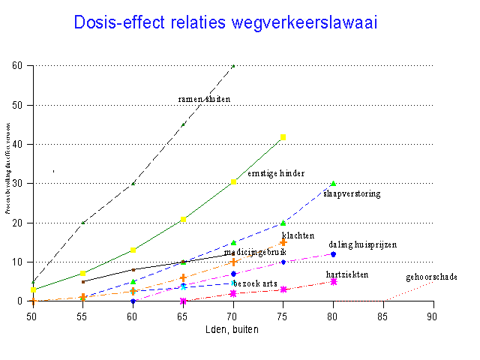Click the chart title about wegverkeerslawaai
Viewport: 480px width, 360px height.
coord(225,22)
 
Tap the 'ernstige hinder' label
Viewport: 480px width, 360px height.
coord(276,173)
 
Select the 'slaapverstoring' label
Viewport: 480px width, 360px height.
coord(352,193)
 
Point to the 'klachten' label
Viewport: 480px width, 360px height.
coord(298,235)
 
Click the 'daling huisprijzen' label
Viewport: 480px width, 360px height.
coord(362,244)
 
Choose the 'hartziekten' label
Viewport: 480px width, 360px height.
coord(347,275)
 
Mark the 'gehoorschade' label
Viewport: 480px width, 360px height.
coord(431,277)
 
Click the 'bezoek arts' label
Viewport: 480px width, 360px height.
coord(256,283)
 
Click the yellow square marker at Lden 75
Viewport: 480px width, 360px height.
coord(283,137)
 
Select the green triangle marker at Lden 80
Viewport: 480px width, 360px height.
coord(333,183)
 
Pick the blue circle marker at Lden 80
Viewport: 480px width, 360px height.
coord(333,254)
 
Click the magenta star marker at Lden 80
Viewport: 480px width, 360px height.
coord(333,281)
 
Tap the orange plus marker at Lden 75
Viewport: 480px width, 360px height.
coord(283,242)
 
